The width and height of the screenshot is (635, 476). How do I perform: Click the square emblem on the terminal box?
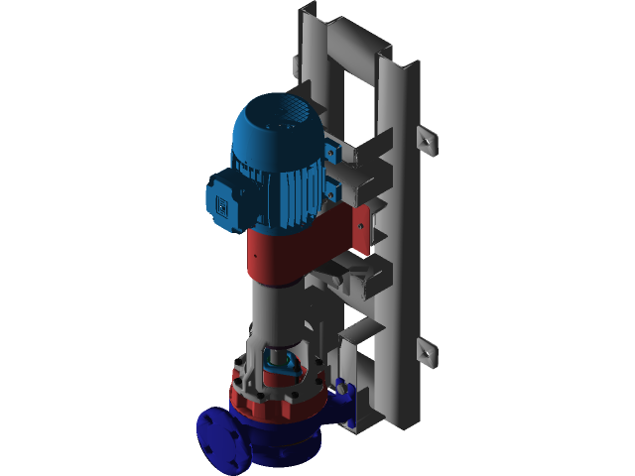coord(223,204)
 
